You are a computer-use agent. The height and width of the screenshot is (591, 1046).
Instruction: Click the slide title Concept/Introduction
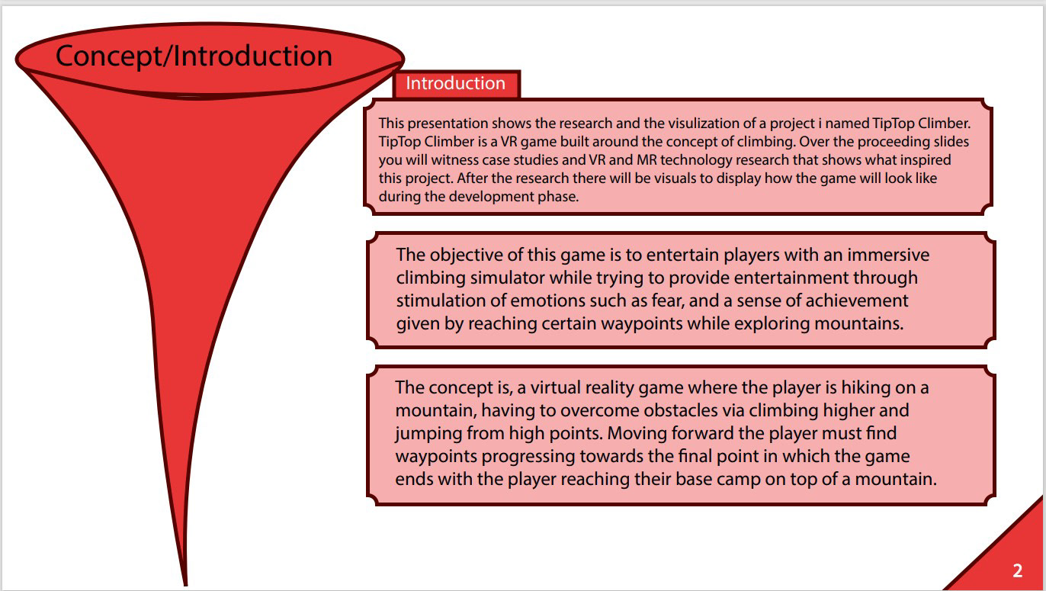(x=194, y=56)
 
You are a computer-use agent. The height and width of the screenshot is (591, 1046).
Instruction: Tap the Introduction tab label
(x=455, y=83)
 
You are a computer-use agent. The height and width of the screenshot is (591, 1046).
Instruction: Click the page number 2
(x=1018, y=570)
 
